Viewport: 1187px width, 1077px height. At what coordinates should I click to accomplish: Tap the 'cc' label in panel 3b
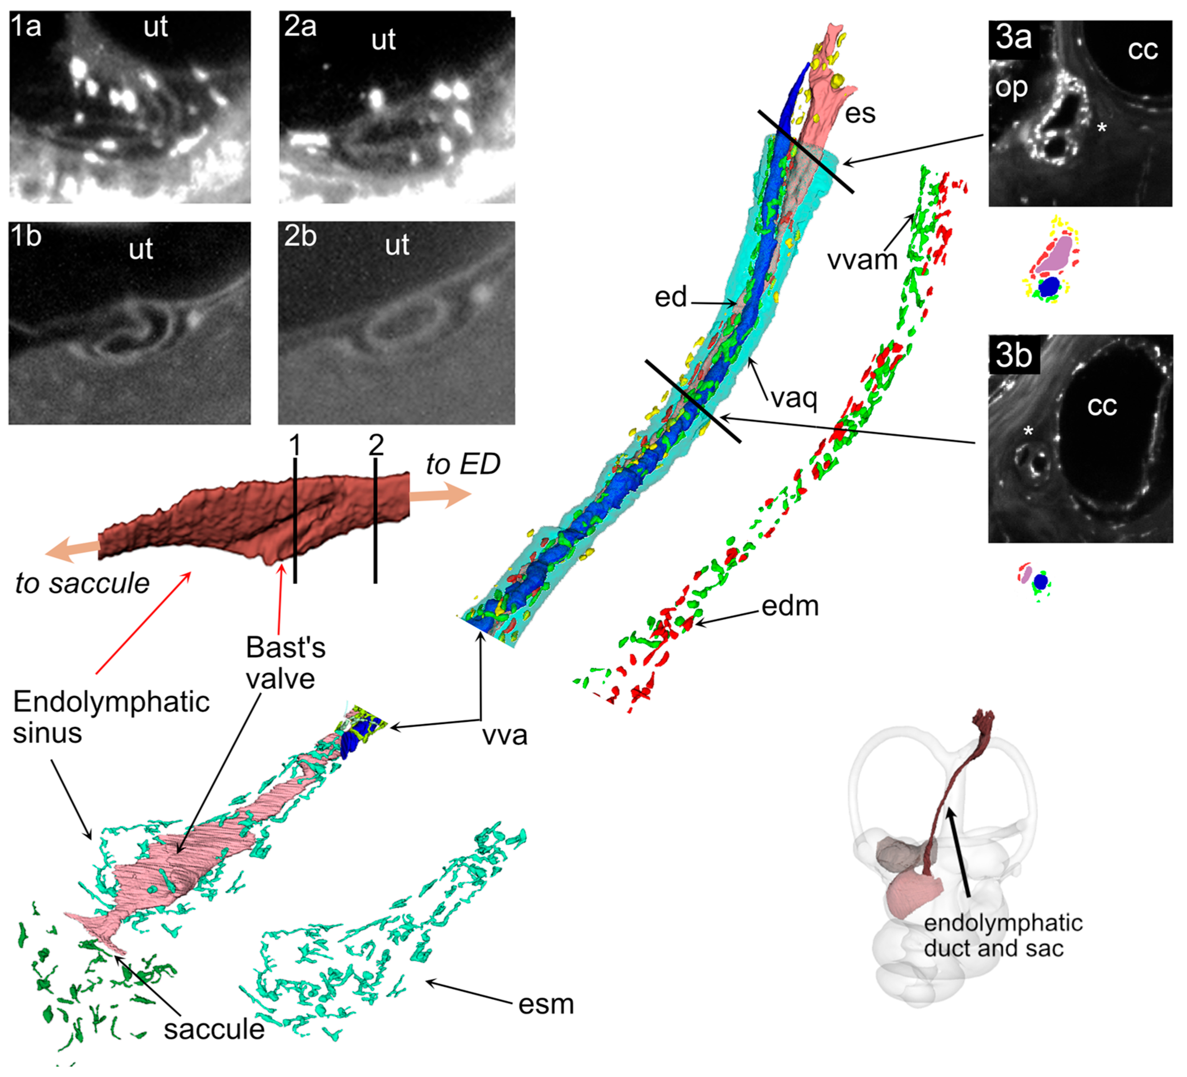pos(1101,406)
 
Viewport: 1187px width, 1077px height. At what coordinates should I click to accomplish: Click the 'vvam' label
pos(862,260)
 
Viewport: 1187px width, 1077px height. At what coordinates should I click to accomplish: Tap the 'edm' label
pos(790,606)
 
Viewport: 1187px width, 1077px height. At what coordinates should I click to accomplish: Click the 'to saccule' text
pos(82,583)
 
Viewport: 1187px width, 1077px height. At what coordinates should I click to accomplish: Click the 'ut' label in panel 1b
pos(141,249)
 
